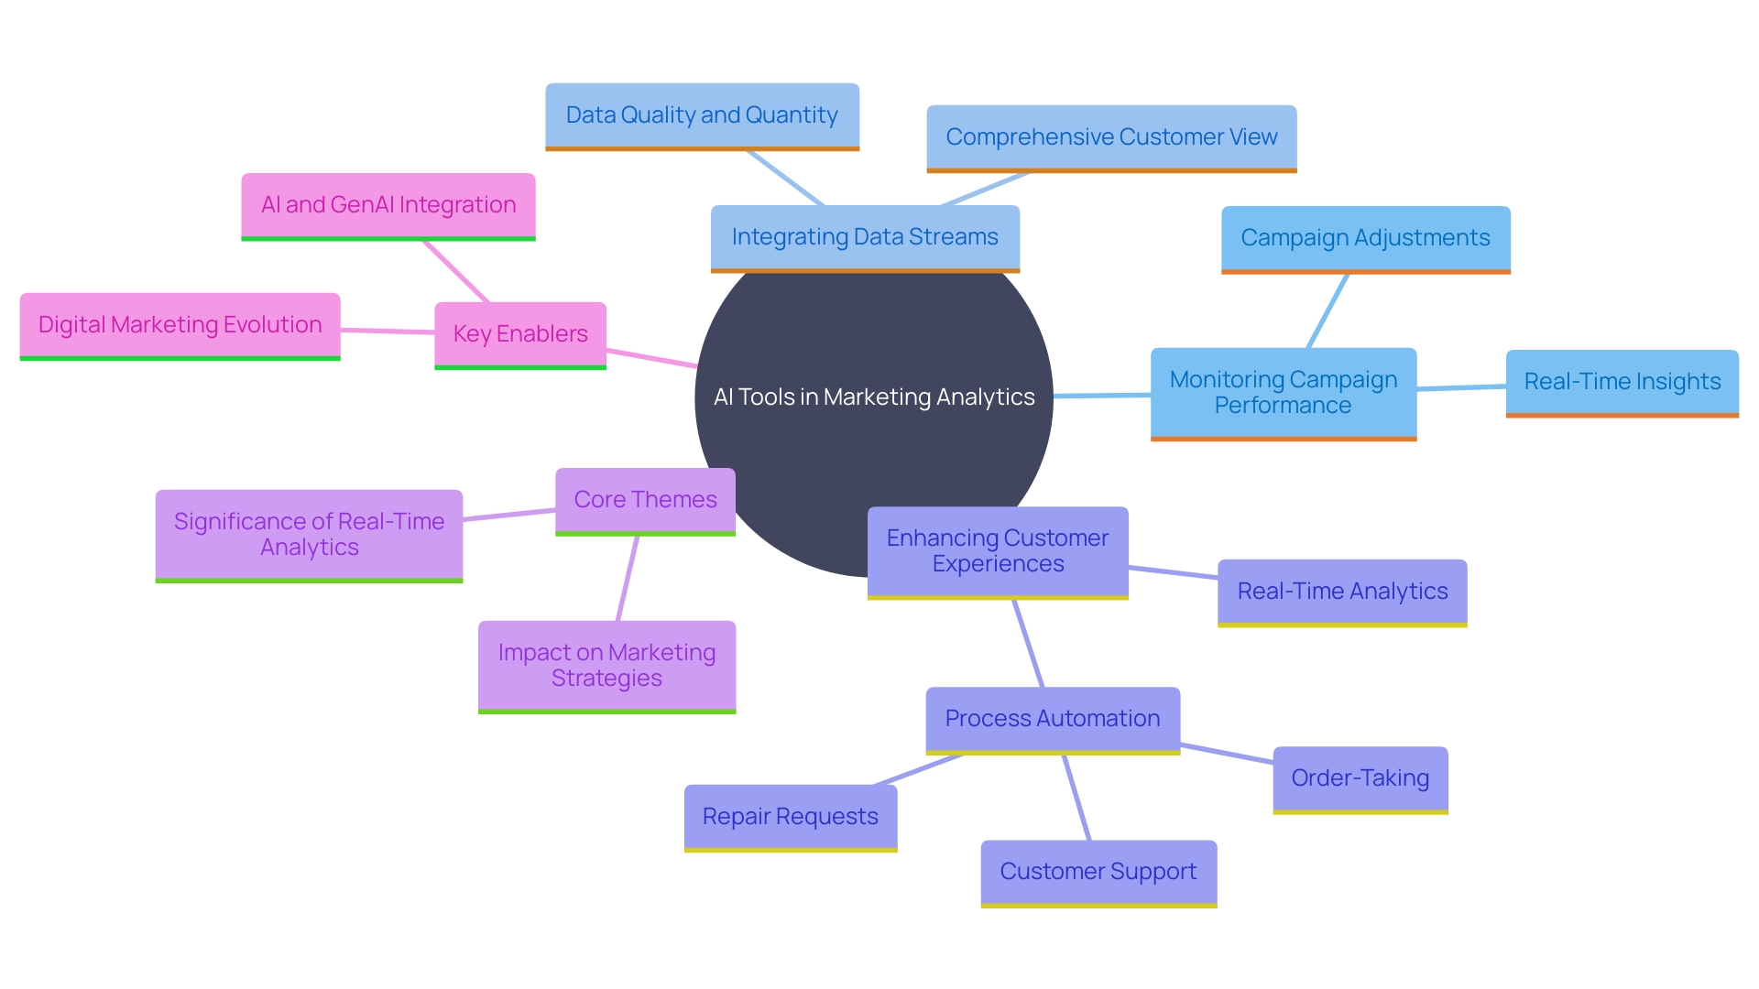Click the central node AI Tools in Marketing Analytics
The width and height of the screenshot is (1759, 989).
coord(874,397)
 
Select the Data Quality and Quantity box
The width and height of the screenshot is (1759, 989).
coord(702,115)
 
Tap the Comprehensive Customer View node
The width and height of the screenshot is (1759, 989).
coord(1111,137)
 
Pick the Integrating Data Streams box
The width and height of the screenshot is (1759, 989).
coord(865,237)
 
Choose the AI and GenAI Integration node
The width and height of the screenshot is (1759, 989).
coord(388,205)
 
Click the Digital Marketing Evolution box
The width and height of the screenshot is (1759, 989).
coord(180,325)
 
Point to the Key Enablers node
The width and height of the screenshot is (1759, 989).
coord(520,334)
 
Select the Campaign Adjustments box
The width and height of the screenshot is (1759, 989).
coord(1365,238)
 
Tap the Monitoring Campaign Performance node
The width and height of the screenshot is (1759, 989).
coord(1283,393)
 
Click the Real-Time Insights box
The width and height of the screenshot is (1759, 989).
coord(1622,382)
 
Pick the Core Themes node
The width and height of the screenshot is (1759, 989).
coord(645,500)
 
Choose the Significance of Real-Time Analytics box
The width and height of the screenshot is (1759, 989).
coord(309,535)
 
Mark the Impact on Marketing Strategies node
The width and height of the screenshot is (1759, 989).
coord(606,666)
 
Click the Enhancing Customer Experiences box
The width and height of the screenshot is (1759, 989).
coord(998,551)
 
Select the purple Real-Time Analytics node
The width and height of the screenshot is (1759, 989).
coord(1342,592)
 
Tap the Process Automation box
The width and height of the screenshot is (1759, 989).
coord(1053,719)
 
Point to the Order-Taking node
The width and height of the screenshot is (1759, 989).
coord(1360,778)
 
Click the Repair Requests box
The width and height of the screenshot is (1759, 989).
coord(790,817)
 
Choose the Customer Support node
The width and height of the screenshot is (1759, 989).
coord(1098,872)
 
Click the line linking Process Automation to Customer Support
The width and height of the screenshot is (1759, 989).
coord(1076,798)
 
